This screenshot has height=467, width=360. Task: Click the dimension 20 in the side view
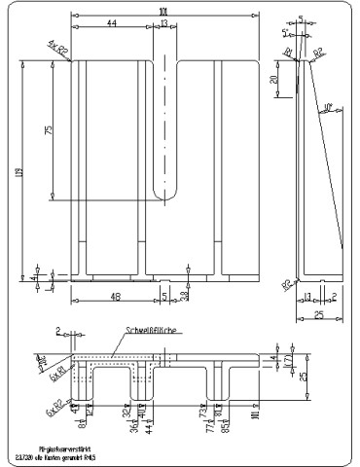(x=274, y=79)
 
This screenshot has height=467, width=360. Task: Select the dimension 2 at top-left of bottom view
(x=58, y=331)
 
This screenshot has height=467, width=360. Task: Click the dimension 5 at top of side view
(x=301, y=18)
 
